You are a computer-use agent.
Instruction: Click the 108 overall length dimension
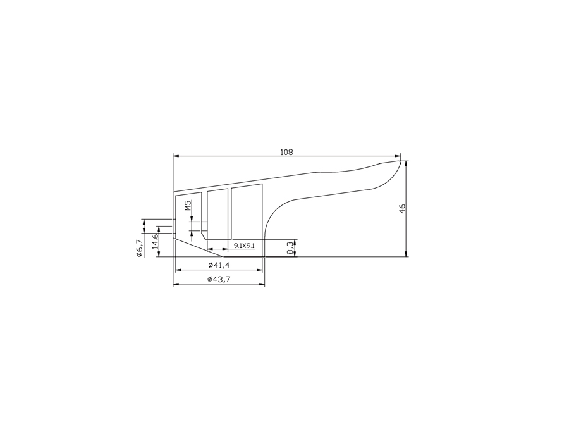pos(286,152)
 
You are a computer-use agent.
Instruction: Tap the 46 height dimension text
pos(403,208)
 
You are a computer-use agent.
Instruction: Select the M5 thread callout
pos(188,206)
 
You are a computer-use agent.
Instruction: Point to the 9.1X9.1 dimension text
pos(244,246)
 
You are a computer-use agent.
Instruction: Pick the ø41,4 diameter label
pos(219,265)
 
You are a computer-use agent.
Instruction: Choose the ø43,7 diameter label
pos(219,279)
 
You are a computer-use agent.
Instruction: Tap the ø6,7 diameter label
pos(139,249)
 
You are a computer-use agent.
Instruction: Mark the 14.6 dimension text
pos(155,241)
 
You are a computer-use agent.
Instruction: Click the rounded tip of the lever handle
pos(400,162)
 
